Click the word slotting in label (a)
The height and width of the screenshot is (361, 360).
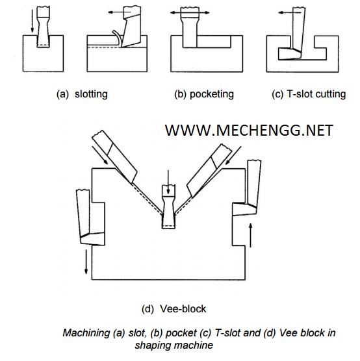(x=91, y=94)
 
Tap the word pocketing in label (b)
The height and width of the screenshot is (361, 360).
(x=212, y=94)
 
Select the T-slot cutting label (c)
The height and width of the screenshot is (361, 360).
(x=309, y=94)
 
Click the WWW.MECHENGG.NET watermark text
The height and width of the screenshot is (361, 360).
(x=249, y=130)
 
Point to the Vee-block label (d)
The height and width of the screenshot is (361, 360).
(x=174, y=309)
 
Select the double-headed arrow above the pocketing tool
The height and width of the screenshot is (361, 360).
(x=190, y=12)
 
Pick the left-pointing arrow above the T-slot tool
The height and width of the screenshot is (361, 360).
(x=289, y=13)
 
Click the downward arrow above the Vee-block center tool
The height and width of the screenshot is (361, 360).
(x=168, y=182)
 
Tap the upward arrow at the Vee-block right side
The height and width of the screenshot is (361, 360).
(x=251, y=235)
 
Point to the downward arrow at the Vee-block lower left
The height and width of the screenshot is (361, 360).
(x=86, y=262)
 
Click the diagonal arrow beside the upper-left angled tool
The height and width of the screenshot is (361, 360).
(x=100, y=155)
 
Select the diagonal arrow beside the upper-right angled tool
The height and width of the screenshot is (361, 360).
(x=233, y=155)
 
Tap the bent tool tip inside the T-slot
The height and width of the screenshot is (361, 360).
(x=290, y=54)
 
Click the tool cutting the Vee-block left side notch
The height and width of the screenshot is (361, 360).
(x=90, y=217)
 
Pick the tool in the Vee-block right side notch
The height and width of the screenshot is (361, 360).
(x=248, y=187)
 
